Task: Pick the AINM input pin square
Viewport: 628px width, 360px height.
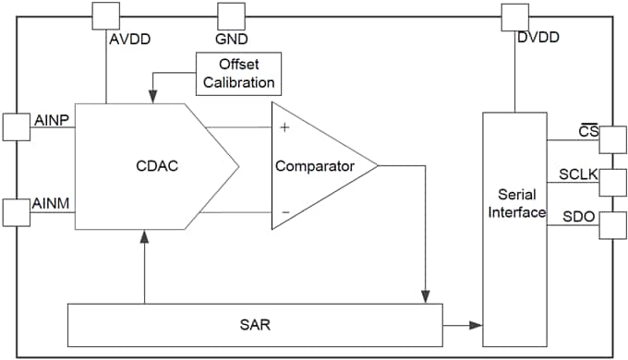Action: click(17, 211)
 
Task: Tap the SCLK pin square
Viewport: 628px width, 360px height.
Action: click(612, 183)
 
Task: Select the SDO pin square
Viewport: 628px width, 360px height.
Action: click(612, 224)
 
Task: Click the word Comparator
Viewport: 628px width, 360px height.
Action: click(315, 167)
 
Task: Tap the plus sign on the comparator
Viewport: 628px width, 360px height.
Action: click(284, 127)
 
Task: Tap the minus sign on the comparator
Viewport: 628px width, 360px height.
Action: click(284, 211)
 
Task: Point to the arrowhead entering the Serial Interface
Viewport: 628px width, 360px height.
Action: click(477, 325)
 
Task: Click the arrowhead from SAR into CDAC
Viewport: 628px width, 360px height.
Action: click(145, 236)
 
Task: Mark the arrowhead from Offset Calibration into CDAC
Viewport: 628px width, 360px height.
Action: click(152, 96)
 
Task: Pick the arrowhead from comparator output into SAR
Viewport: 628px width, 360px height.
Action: click(424, 295)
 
